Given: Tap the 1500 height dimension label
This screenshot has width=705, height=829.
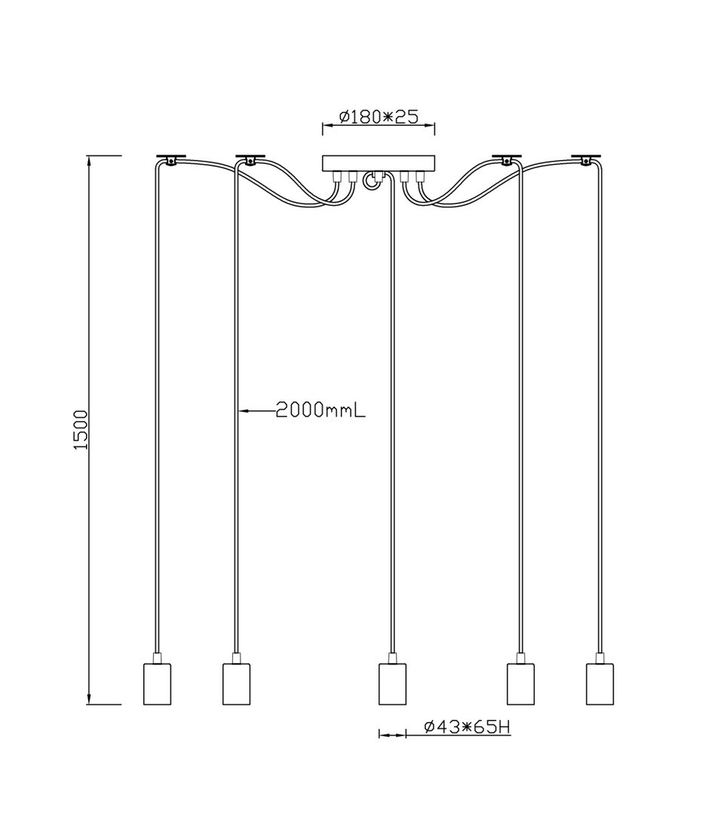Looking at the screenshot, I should (81, 430).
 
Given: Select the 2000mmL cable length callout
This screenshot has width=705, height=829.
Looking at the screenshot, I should (320, 410).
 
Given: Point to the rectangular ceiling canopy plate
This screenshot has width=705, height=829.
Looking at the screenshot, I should (378, 163).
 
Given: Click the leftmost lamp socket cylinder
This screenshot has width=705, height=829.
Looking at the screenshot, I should (158, 683).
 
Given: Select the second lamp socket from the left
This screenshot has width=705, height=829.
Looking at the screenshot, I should (236, 683).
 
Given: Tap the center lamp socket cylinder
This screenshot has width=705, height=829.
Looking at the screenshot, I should (391, 683).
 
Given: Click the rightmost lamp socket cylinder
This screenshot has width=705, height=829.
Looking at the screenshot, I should (599, 683).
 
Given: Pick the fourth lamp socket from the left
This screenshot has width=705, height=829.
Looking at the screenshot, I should (520, 683).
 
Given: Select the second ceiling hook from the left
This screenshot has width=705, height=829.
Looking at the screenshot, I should (250, 159).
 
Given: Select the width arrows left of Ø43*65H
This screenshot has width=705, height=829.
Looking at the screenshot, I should (391, 733).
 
